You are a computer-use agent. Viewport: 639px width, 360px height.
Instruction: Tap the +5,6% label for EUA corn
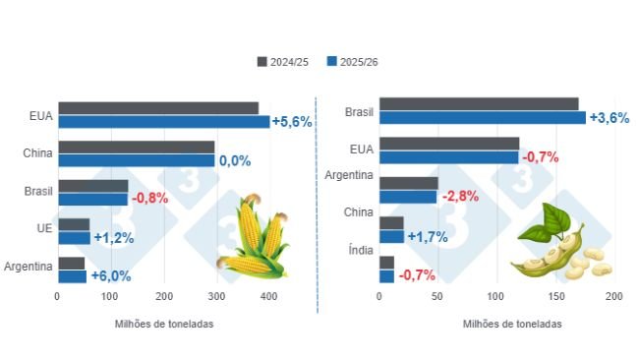pos(292,122)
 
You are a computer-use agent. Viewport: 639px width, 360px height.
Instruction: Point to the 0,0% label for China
pos(234,160)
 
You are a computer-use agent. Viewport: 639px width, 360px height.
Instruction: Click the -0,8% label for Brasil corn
pos(149,198)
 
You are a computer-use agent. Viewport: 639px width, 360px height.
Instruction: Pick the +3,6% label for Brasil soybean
pos(609,117)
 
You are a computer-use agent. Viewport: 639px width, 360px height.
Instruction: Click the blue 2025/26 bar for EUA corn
pos(163,122)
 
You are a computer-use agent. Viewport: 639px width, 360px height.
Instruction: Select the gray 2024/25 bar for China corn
pos(136,148)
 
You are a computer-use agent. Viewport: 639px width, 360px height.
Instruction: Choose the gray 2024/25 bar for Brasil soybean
pos(479,104)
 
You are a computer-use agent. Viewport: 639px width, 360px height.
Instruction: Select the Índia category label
pos(360,251)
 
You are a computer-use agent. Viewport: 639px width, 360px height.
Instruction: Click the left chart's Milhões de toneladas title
pos(163,324)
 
